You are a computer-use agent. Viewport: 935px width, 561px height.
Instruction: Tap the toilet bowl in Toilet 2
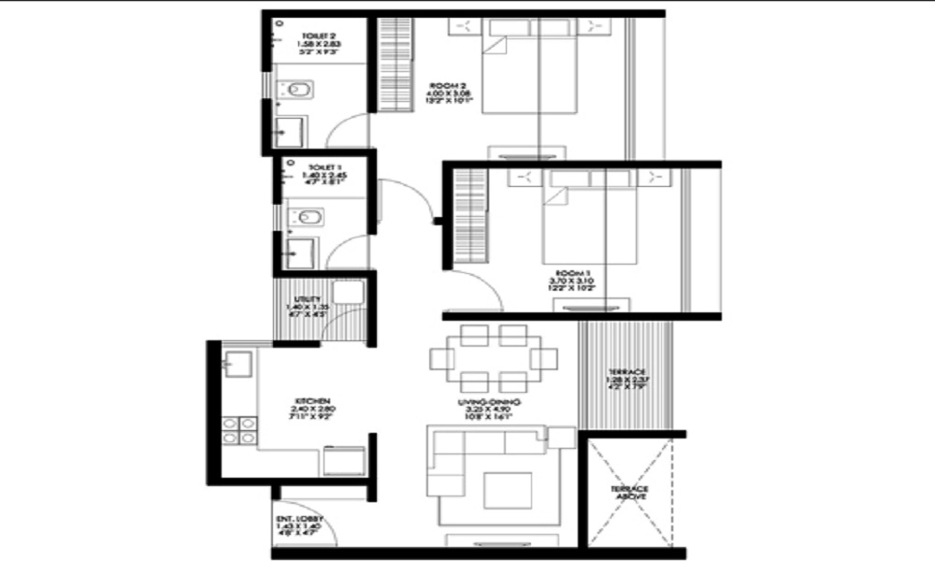click(298, 91)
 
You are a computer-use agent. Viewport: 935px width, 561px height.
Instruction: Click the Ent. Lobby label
click(295, 522)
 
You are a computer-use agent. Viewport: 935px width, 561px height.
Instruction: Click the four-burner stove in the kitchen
click(238, 430)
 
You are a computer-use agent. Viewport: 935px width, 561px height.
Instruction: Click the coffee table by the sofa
click(507, 490)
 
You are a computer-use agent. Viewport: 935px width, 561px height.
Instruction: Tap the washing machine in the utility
click(347, 291)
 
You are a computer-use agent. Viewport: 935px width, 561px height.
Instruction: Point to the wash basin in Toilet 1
click(302, 252)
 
